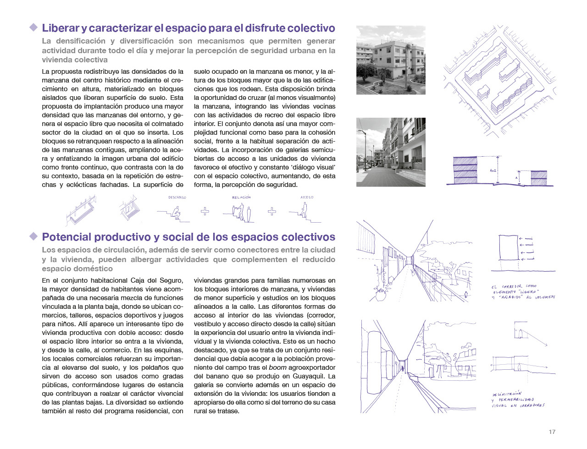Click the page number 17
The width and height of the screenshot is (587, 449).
pos(552,432)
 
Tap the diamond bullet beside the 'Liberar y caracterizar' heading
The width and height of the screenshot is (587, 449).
pos(33,27)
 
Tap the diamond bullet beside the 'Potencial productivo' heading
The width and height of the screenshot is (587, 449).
pos(33,236)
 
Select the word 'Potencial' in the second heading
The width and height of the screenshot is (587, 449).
pos(67,237)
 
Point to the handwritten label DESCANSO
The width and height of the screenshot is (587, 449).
pos(177,197)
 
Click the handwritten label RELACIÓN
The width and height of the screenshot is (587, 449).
pos(241,197)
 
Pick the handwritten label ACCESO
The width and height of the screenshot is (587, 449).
pos(307,197)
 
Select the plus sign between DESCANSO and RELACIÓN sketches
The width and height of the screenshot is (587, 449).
pos(205,211)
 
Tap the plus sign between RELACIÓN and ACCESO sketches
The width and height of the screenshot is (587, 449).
pos(272,211)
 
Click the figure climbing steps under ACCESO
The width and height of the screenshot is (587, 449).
pos(303,212)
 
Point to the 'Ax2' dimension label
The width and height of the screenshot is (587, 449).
pos(493,170)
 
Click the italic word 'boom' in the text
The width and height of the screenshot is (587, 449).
pos(277,367)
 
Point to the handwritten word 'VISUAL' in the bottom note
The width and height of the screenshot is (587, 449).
pos(499,405)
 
